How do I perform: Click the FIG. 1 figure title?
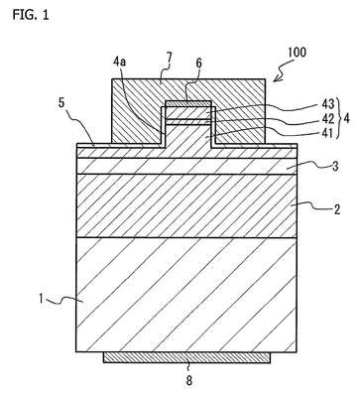pyautogui.click(x=31, y=15)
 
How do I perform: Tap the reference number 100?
pyautogui.click(x=297, y=53)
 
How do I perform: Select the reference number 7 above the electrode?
pyautogui.click(x=170, y=58)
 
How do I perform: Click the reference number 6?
pyautogui.click(x=198, y=63)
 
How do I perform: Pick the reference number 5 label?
pyautogui.click(x=61, y=103)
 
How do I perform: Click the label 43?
pyautogui.click(x=327, y=105)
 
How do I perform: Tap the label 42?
pyautogui.click(x=327, y=119)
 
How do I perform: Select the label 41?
pyautogui.click(x=327, y=132)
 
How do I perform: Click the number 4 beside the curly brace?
pyautogui.click(x=346, y=118)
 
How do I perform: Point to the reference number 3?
pyautogui.click(x=335, y=166)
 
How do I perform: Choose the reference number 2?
pyautogui.click(x=336, y=209)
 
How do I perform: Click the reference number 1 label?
pyautogui.click(x=42, y=299)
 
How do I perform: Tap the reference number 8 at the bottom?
pyautogui.click(x=188, y=381)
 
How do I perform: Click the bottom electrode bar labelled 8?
pyautogui.click(x=186, y=357)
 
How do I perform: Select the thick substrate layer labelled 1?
pyautogui.click(x=186, y=295)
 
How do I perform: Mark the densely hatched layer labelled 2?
pyautogui.click(x=186, y=205)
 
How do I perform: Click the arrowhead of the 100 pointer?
pyautogui.click(x=275, y=79)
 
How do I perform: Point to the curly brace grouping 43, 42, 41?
pyautogui.click(x=338, y=118)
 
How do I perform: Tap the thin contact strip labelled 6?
pyautogui.click(x=188, y=104)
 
